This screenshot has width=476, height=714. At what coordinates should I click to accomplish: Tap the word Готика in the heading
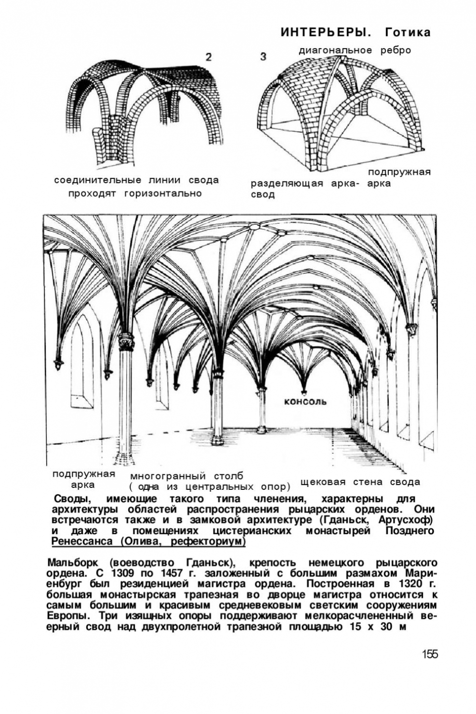tap(407, 33)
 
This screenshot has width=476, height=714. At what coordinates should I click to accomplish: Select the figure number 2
tap(208, 57)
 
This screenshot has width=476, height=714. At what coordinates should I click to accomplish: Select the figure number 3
tap(263, 57)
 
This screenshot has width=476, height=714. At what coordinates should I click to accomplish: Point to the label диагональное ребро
tap(355, 50)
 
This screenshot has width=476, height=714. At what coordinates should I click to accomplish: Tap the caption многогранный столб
tap(187, 476)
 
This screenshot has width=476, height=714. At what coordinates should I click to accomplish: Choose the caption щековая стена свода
tap(360, 482)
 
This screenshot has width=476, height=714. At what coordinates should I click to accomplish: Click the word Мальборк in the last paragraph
tap(72, 562)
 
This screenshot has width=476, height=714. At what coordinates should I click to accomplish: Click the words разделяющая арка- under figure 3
tap(302, 184)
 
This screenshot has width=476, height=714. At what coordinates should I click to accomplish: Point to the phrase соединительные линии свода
tap(136, 180)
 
